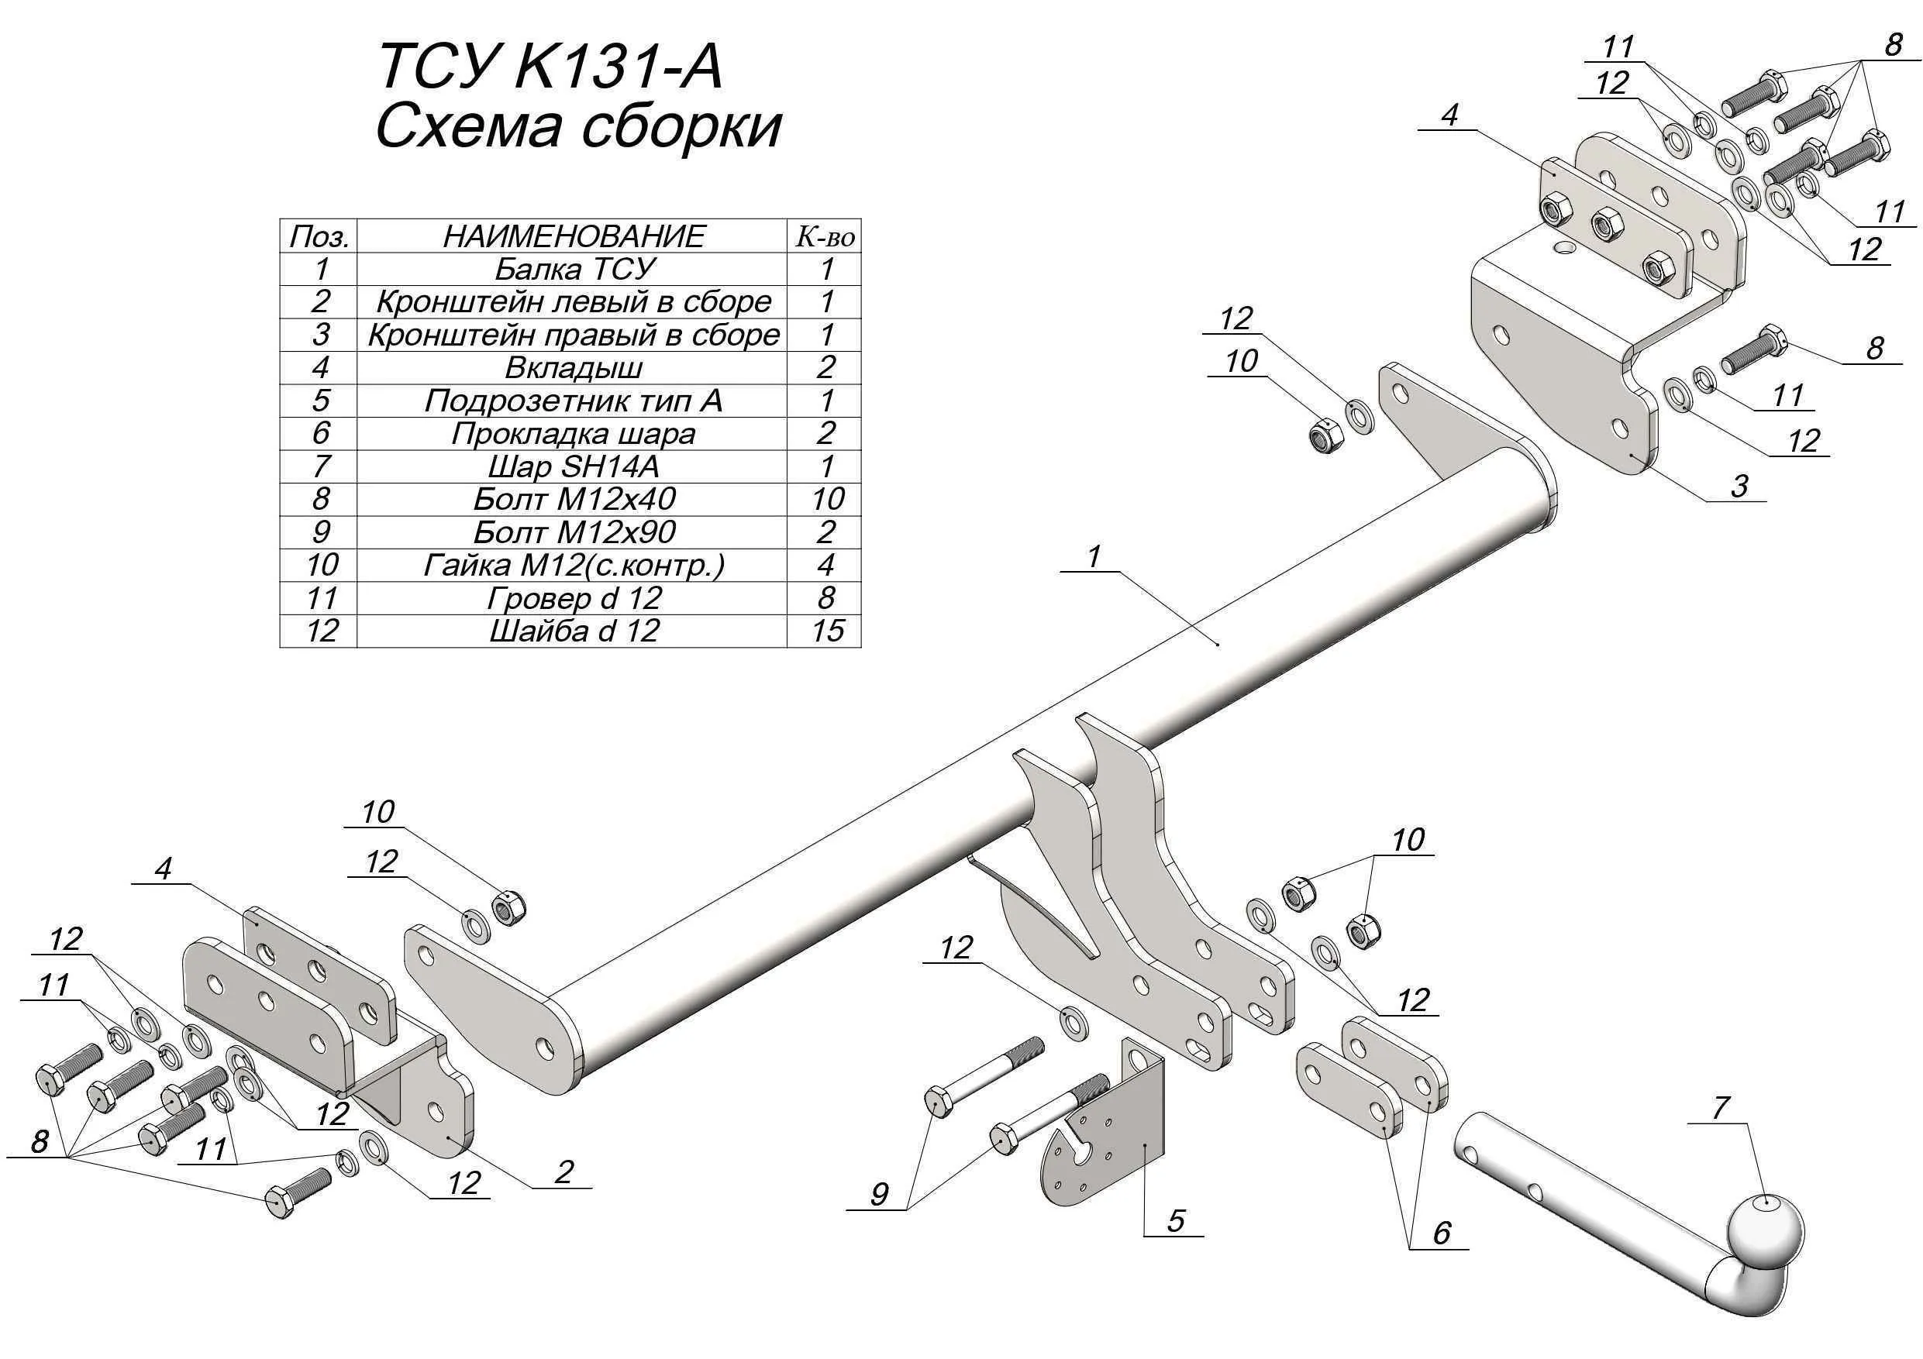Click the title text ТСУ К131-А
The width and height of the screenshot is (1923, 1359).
tap(550, 66)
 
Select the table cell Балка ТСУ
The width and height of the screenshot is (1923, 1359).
tap(572, 269)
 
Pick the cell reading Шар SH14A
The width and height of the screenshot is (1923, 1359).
tap(572, 466)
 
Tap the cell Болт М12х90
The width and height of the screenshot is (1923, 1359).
tap(572, 532)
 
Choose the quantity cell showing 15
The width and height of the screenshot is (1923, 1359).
tap(825, 631)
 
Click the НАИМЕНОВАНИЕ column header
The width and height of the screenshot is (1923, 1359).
tap(572, 236)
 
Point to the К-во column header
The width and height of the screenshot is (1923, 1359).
tap(825, 237)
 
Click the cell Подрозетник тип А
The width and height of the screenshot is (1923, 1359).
tap(572, 401)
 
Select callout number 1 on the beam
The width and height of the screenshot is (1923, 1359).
tap(1093, 556)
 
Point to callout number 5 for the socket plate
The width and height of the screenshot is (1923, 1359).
tap(1175, 1220)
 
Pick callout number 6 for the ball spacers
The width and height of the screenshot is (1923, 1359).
tap(1441, 1232)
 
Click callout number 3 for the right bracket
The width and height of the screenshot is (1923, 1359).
tap(1739, 486)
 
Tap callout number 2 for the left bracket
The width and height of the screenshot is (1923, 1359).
tap(563, 1171)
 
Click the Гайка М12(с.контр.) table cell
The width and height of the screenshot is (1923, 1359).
tap(572, 565)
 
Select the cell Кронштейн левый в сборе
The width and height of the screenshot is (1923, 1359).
tap(572, 301)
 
